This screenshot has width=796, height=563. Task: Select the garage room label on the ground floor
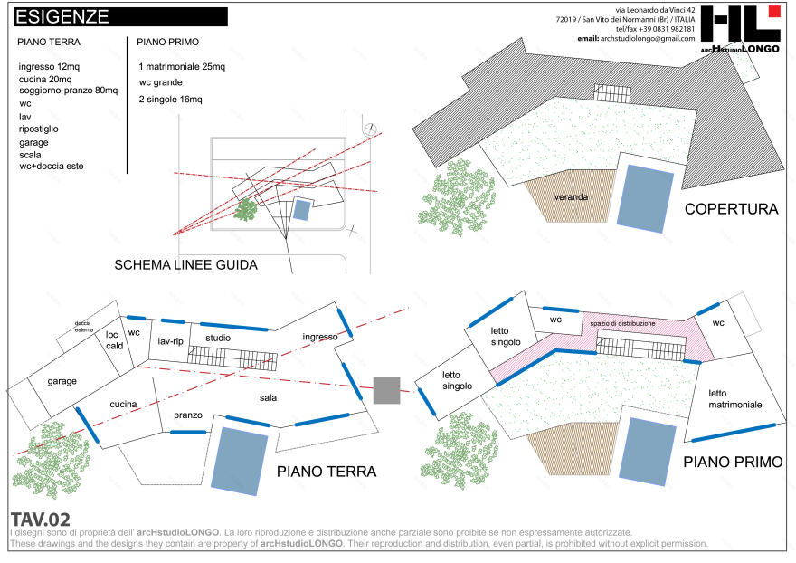pyautogui.click(x=62, y=381)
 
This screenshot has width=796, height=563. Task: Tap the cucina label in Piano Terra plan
pyautogui.click(x=123, y=404)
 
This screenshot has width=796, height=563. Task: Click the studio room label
pyautogui.click(x=218, y=338)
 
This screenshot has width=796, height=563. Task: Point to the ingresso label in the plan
pyautogui.click(x=320, y=337)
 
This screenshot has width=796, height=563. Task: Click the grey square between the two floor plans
pyautogui.click(x=386, y=390)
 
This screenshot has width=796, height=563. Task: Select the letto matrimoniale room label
pyautogui.click(x=734, y=399)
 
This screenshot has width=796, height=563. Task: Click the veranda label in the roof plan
pyautogui.click(x=572, y=196)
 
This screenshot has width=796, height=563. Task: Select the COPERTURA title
pyautogui.click(x=731, y=209)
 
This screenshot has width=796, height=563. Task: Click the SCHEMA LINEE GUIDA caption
pyautogui.click(x=186, y=265)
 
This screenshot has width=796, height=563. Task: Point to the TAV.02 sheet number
pyautogui.click(x=40, y=520)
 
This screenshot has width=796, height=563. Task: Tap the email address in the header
pyautogui.click(x=636, y=38)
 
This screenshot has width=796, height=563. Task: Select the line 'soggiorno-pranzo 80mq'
pyautogui.click(x=68, y=91)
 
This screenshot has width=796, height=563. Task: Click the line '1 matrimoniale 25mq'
pyautogui.click(x=182, y=67)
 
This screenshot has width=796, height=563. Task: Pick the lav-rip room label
pyautogui.click(x=170, y=341)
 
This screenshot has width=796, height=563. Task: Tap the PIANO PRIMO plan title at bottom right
pyautogui.click(x=733, y=462)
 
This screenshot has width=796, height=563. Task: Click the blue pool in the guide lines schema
pyautogui.click(x=300, y=210)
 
